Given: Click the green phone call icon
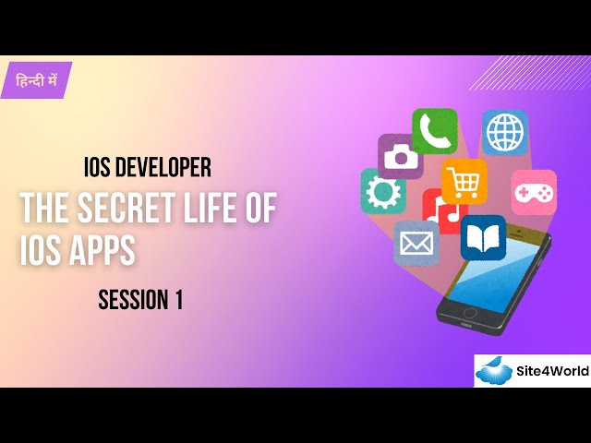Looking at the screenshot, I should click(x=434, y=130).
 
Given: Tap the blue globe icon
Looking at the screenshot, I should click(x=504, y=132).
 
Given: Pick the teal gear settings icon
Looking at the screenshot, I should click(x=382, y=191).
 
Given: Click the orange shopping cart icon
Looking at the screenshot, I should click(x=464, y=181).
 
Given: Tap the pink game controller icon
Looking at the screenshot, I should click(x=534, y=192).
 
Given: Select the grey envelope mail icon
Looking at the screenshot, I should click(x=416, y=243).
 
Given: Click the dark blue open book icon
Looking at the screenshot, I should click(x=483, y=237).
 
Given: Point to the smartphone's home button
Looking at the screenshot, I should click(x=469, y=314).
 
